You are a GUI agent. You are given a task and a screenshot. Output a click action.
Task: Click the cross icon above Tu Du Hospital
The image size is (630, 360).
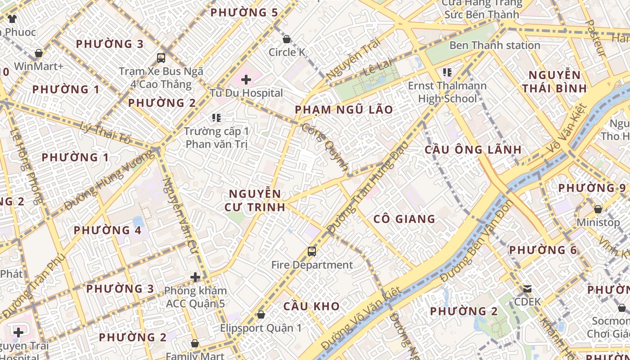[x=246, y=80]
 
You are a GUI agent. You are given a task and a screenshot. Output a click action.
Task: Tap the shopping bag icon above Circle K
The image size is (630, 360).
[x=287, y=39]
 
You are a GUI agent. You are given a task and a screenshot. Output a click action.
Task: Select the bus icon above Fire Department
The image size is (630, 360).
[x=311, y=251]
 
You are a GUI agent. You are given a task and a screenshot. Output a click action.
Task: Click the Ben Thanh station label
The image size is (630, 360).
[x=495, y=45]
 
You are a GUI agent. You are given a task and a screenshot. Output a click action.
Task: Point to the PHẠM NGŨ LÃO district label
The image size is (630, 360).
[x=344, y=110]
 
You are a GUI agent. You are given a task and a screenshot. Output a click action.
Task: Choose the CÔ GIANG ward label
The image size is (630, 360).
[x=405, y=219]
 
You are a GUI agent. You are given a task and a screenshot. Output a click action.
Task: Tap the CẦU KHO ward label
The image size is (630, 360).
[x=311, y=306]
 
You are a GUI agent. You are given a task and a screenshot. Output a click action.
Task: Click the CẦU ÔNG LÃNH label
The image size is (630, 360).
[x=473, y=150]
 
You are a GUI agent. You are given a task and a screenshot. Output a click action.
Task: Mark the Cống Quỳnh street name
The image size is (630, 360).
[x=325, y=147]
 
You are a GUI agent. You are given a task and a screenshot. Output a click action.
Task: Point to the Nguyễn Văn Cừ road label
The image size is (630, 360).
[x=181, y=215]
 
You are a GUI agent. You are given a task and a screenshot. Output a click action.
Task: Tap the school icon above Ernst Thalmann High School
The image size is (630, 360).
[x=447, y=72]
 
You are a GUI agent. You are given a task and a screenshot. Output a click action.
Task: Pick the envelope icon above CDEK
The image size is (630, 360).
[x=527, y=288]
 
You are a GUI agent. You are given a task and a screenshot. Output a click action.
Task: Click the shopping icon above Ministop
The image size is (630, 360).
[x=598, y=209]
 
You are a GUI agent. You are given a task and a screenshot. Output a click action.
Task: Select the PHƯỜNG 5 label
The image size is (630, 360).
[x=244, y=13]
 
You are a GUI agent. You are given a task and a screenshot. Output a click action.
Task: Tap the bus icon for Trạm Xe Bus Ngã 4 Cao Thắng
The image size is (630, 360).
[x=161, y=58]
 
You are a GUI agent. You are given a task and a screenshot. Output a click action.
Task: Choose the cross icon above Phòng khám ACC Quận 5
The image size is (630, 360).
[x=195, y=277]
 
